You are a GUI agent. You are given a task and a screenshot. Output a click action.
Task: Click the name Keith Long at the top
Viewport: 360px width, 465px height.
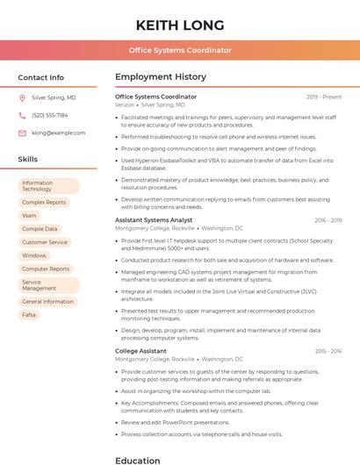[x=180, y=25]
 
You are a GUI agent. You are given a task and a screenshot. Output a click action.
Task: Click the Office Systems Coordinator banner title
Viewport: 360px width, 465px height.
[x=180, y=50]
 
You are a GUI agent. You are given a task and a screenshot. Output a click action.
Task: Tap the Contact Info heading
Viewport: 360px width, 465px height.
[x=41, y=77]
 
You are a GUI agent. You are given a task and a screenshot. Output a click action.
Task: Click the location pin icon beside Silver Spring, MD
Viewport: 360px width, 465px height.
[x=22, y=98]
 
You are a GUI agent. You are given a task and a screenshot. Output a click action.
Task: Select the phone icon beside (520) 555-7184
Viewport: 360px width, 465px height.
[x=22, y=115]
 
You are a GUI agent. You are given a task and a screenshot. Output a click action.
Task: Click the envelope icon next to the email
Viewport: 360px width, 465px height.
[x=22, y=132]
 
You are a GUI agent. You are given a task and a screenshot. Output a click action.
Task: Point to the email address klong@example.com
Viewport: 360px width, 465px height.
[x=59, y=132]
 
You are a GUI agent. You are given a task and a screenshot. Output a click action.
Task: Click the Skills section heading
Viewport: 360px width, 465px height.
[x=28, y=159]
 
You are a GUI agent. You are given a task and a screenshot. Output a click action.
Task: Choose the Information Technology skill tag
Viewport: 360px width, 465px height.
[x=49, y=186]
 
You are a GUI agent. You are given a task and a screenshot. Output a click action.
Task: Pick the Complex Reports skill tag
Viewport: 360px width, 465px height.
[x=44, y=203]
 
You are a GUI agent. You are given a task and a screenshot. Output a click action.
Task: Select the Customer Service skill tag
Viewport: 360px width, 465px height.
[x=45, y=242]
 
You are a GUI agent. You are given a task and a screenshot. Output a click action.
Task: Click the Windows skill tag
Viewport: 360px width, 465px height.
[x=34, y=255]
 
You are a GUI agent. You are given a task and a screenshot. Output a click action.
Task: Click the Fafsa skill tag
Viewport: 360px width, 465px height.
[x=29, y=314]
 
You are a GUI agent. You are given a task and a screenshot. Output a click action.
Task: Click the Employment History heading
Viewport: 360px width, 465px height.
[x=161, y=77]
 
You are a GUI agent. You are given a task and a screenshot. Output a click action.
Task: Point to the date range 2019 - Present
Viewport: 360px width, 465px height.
[x=324, y=97]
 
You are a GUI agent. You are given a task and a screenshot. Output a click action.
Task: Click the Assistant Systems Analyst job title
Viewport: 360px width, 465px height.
[x=154, y=220]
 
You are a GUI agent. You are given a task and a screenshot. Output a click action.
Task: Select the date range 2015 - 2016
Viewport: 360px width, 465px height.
[x=328, y=351]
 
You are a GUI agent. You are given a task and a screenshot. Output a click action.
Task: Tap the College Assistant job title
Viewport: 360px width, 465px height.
[x=140, y=351]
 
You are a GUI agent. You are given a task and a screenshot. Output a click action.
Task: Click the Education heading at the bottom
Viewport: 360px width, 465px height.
[x=138, y=460]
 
